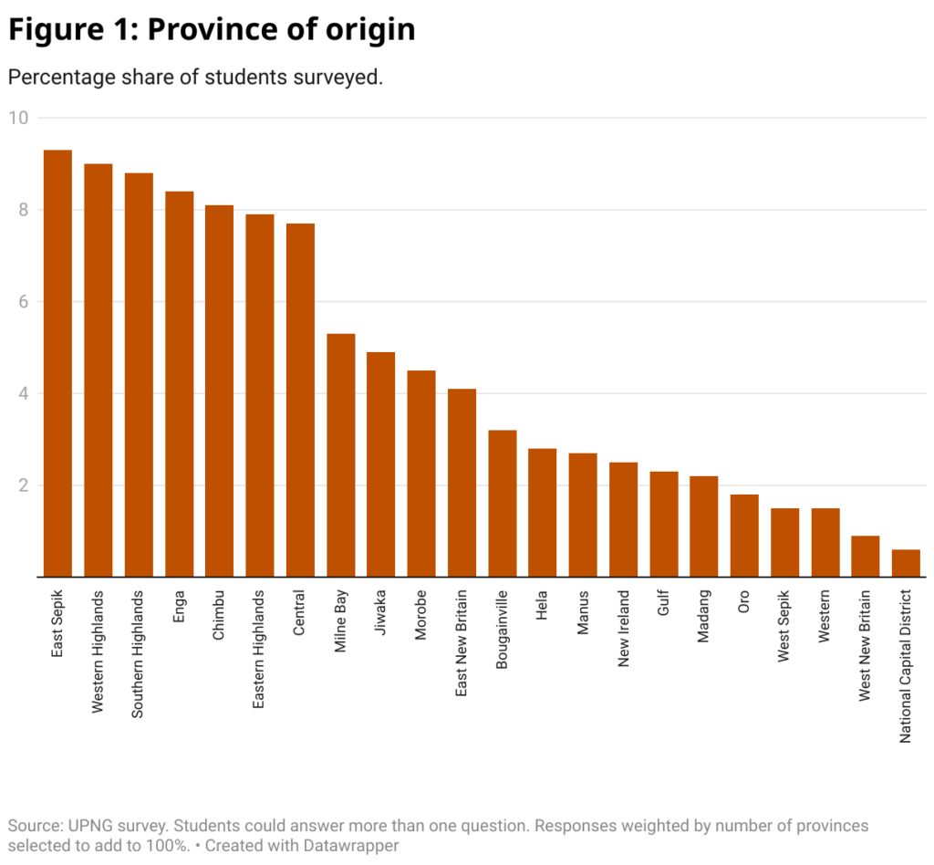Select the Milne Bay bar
click(x=341, y=455)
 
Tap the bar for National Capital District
click(x=906, y=563)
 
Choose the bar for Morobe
click(x=421, y=474)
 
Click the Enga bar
click(x=179, y=384)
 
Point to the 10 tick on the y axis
click(x=19, y=118)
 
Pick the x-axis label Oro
click(x=744, y=605)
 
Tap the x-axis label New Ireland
click(x=624, y=628)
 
